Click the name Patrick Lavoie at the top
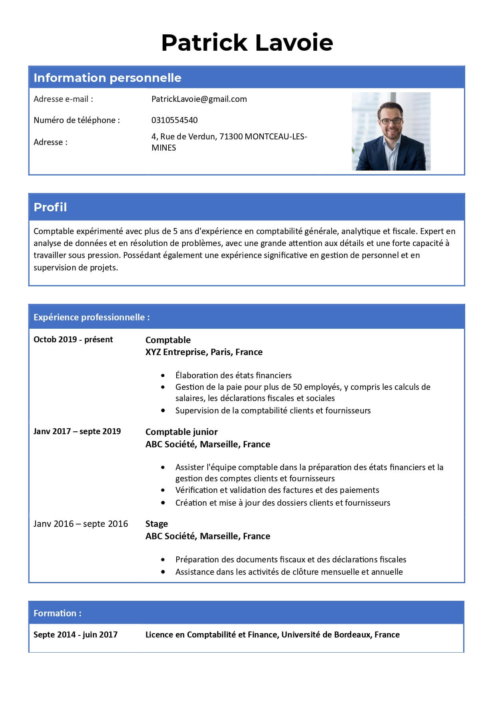[247, 43]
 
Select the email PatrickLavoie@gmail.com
[199, 99]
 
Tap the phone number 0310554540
[174, 120]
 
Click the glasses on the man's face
[391, 120]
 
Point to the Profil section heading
[50, 207]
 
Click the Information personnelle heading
[107, 78]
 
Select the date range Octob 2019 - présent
[73, 340]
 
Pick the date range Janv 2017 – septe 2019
[77, 431]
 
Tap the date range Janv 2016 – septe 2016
[81, 524]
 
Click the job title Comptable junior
[181, 432]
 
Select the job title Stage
[156, 524]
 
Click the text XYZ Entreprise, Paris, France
[204, 352]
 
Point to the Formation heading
[58, 613]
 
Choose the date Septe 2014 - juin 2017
[76, 635]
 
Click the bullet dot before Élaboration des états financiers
[163, 375]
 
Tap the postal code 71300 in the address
[231, 137]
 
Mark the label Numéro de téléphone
[76, 120]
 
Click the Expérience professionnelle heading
[92, 317]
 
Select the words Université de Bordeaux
[326, 635]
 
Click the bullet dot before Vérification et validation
[163, 490]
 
